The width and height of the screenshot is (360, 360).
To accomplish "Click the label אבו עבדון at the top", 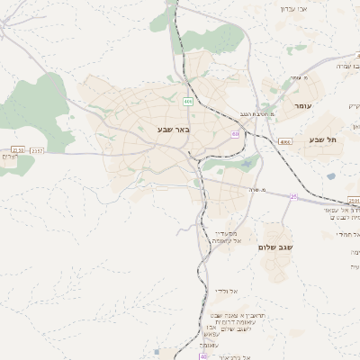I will tap(295, 8).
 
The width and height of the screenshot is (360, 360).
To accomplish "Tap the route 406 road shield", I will tap(188, 100).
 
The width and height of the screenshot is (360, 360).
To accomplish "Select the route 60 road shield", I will tap(235, 134).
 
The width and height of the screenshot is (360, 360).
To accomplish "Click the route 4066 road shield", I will tap(285, 141).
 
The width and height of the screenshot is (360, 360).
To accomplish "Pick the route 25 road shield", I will tap(293, 196).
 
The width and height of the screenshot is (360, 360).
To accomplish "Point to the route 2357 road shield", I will tap(37, 149).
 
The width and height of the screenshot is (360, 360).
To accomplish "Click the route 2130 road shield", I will tap(18, 149).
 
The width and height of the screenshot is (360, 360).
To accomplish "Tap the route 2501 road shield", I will tap(353, 201).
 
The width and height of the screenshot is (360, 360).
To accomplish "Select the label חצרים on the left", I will tap(9, 158).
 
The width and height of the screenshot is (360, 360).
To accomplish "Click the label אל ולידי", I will tap(226, 291).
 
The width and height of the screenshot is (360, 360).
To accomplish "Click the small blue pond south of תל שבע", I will tap(331, 176).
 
